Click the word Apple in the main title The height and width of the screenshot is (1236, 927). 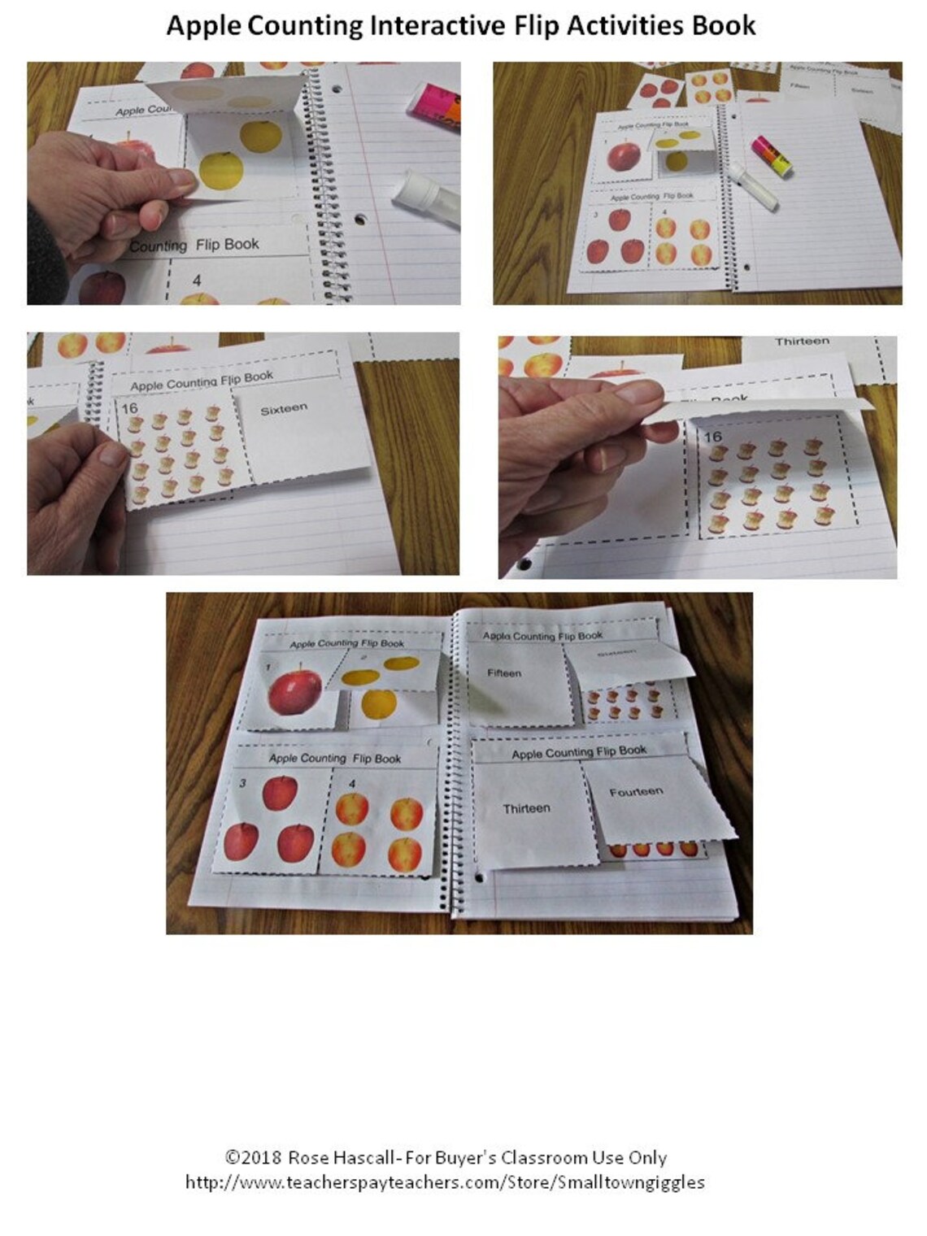[203, 27]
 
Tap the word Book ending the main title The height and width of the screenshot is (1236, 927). [724, 25]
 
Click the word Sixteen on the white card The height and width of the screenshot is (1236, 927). [284, 410]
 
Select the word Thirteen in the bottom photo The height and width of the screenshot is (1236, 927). [526, 808]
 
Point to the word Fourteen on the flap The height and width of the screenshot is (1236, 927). [636, 791]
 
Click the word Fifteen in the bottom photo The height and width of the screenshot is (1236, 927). [504, 673]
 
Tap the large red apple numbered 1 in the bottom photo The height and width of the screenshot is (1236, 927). [294, 690]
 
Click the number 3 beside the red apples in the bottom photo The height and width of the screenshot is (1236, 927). [242, 783]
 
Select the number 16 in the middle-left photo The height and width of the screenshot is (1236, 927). [129, 408]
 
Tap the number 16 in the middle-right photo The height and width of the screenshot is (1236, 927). [713, 437]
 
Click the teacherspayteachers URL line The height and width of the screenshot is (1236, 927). [445, 1182]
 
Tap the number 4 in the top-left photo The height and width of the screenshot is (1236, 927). [197, 281]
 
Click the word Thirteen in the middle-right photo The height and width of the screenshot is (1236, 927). [802, 342]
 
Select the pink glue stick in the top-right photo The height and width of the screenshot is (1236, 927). [772, 154]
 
